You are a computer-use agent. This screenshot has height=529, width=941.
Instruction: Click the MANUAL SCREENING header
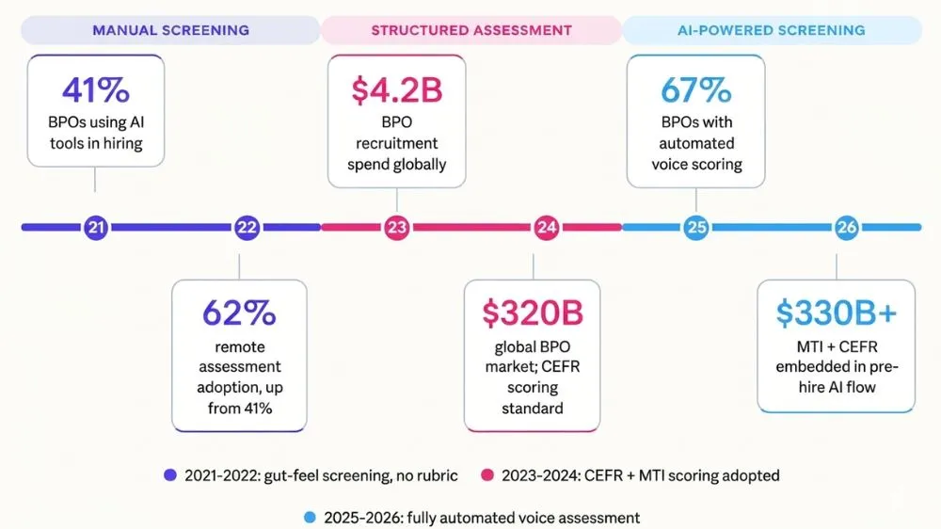pos(170,31)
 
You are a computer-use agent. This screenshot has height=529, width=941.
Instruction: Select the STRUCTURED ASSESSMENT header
pos(471,31)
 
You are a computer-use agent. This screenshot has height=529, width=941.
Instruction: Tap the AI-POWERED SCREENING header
pos(772,31)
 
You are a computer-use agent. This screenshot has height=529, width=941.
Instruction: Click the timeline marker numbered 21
pos(96,228)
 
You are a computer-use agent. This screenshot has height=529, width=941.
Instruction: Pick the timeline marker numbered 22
pos(247,228)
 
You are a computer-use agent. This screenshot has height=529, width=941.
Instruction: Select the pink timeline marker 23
pos(397,228)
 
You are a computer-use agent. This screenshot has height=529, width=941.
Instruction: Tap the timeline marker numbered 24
pos(546,228)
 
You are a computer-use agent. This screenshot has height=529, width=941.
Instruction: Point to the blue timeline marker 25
pos(696,228)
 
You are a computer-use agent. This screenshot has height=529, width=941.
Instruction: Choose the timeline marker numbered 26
pos(846,228)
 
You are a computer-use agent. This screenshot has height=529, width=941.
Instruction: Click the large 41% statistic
pos(96,90)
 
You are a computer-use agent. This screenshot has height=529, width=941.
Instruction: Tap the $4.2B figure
pos(397,90)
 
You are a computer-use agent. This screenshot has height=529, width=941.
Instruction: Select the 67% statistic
pos(696,90)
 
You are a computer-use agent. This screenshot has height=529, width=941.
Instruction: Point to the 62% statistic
pos(239,313)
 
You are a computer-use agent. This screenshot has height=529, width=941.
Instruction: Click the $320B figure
pos(533,313)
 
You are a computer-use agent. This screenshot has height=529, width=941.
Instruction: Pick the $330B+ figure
pos(837,313)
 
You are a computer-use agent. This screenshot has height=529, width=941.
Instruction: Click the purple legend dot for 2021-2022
pos(170,475)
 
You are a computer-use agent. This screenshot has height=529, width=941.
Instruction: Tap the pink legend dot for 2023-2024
pos(487,475)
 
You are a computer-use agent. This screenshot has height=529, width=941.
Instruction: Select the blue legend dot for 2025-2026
pos(310,517)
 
